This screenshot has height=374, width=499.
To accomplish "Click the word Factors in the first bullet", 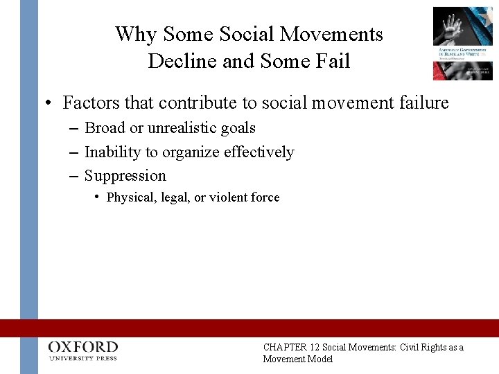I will tap(87, 103).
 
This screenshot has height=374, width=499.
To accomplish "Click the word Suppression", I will tap(125, 175).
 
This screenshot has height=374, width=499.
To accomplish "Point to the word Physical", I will tap(128, 197).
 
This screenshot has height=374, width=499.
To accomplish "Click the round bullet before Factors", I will tap(48, 104).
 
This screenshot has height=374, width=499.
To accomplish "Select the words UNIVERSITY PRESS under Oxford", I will tap(84, 358).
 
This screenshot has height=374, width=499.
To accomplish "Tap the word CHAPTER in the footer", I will tap(280, 348).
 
